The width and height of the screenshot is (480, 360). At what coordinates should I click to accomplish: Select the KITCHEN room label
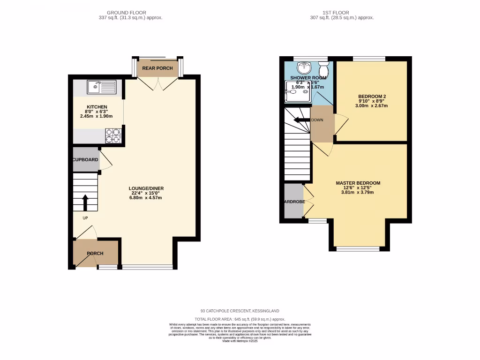(97, 107)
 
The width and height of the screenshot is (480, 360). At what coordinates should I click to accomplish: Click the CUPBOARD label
(85, 160)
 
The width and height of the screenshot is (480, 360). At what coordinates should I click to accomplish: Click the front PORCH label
(95, 254)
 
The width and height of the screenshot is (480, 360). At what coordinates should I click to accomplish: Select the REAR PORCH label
(157, 68)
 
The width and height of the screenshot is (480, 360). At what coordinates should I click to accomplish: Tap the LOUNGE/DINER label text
(146, 188)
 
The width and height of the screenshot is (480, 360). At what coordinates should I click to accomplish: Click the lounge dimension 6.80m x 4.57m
(146, 198)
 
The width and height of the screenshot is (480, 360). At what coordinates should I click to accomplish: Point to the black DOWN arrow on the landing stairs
(302, 120)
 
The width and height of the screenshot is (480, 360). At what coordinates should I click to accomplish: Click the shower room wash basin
(305, 68)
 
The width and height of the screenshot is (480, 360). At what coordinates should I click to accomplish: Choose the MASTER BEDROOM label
(358, 183)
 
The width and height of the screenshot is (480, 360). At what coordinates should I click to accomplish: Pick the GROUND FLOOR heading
(126, 13)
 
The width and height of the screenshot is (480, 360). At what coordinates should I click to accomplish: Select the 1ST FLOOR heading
(336, 13)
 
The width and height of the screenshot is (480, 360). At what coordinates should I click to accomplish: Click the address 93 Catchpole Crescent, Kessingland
(240, 311)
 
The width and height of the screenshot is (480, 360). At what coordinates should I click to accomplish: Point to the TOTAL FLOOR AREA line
(240, 319)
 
